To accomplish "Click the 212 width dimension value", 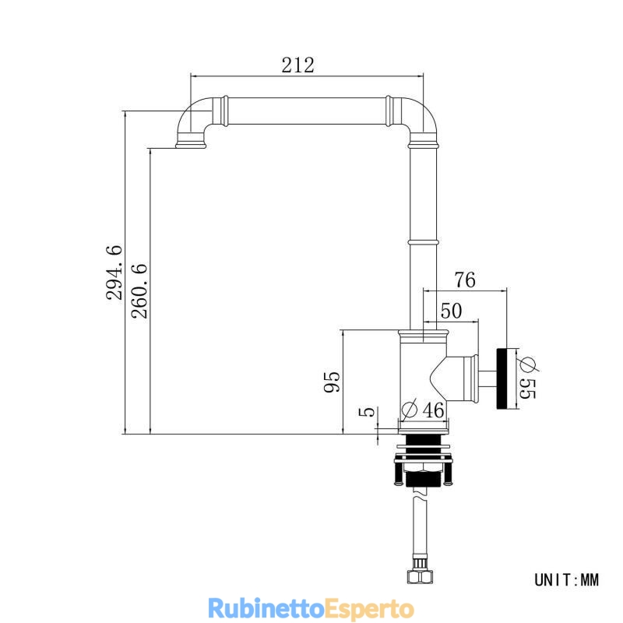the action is [x=297, y=65].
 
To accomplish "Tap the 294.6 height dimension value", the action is [x=114, y=273].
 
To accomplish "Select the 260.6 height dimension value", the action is [x=139, y=290].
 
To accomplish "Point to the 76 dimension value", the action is [x=465, y=280].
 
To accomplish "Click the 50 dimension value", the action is [x=452, y=311].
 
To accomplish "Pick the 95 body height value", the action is [x=333, y=382].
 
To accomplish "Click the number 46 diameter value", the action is [x=433, y=410].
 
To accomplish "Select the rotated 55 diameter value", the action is [x=528, y=388].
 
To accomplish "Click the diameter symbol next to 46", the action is [x=410, y=409].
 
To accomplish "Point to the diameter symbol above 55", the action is [x=528, y=364].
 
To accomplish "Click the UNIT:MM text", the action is [x=566, y=580].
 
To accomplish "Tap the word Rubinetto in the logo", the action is [x=266, y=608].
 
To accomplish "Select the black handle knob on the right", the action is [x=502, y=378].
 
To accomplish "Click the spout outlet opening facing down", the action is [x=191, y=147].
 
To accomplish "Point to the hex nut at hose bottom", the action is [x=420, y=576].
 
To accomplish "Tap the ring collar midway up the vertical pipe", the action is [x=423, y=242].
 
